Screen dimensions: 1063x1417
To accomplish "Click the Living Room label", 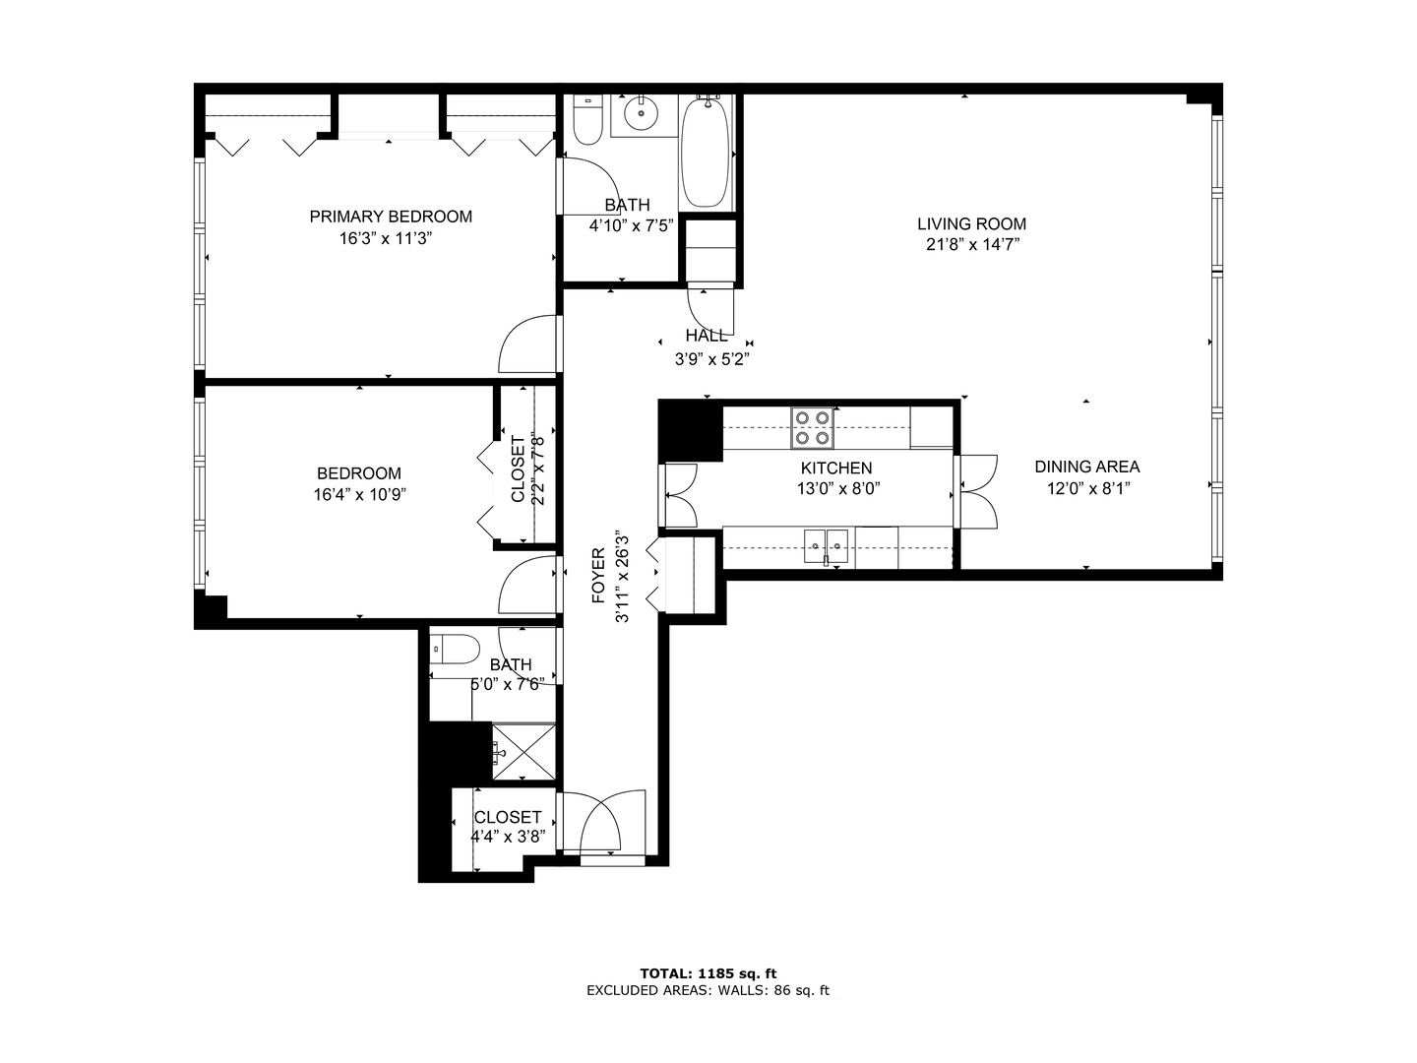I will (971, 223).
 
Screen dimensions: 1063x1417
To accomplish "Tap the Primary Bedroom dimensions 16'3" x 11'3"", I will (391, 238).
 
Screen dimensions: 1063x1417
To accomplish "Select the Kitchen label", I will (835, 469).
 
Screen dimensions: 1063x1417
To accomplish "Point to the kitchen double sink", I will (826, 545).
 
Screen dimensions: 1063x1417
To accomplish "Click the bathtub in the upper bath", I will (706, 153).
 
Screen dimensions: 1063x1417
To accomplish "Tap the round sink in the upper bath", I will (643, 114).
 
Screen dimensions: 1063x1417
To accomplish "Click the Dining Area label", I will (1086, 467).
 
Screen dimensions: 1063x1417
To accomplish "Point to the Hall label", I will (707, 336).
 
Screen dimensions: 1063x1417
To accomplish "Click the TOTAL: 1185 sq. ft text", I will (708, 973).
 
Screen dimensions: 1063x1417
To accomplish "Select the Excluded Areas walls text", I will (708, 990).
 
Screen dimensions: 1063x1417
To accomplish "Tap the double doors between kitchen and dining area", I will (977, 489).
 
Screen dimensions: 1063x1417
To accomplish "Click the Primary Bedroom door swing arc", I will (528, 344).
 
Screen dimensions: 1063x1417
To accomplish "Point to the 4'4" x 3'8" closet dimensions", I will (508, 838).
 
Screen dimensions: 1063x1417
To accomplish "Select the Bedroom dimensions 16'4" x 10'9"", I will (359, 494).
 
